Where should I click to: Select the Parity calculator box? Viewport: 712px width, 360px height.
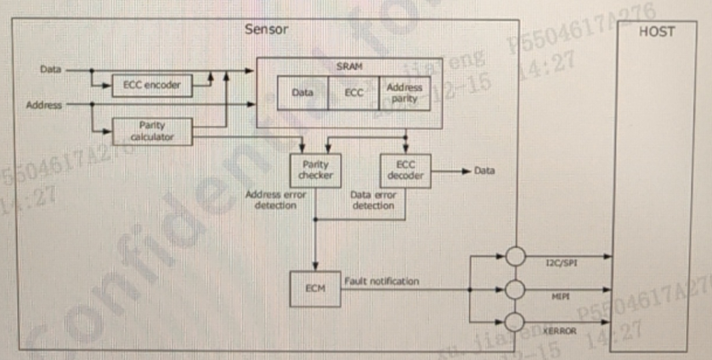(152, 132)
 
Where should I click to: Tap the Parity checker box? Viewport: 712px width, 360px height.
(315, 170)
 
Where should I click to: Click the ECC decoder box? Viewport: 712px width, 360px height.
(405, 170)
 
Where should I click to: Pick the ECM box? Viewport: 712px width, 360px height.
(314, 289)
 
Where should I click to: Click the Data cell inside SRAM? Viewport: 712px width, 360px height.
(302, 93)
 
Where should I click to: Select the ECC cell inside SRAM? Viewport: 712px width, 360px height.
(353, 93)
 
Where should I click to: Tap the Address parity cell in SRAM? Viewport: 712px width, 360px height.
(404, 93)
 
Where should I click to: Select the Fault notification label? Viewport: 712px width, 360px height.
(381, 280)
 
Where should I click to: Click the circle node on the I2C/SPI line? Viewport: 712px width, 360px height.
(514, 256)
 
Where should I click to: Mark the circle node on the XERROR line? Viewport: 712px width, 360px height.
(514, 322)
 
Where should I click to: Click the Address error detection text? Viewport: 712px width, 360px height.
(275, 200)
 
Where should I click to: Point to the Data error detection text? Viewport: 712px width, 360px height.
(373, 200)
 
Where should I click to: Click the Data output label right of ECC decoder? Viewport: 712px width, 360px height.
(484, 171)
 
